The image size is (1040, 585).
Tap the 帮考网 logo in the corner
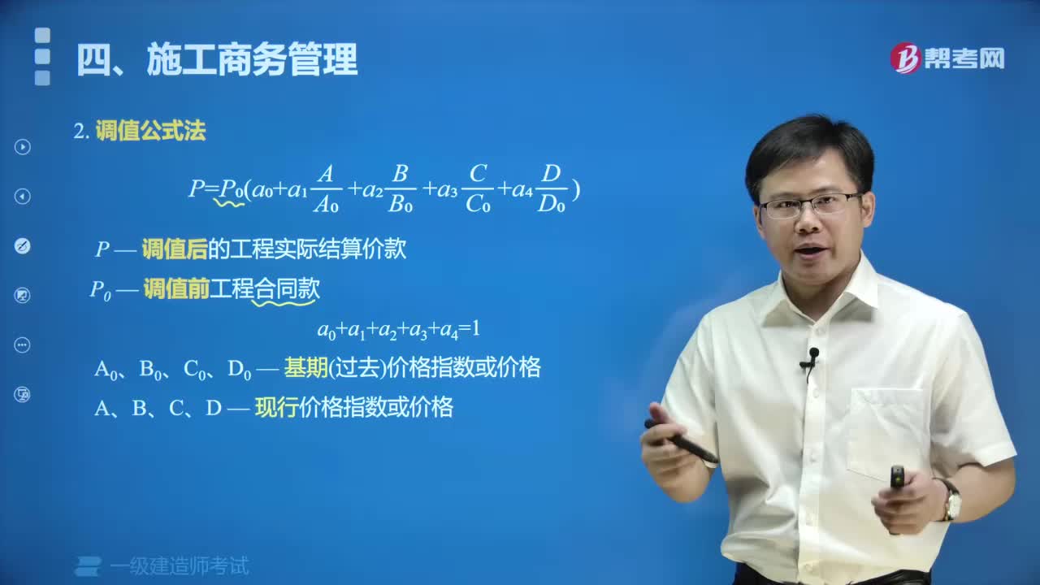(947, 58)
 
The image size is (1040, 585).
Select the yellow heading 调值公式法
(150, 132)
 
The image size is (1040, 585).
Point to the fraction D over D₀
(551, 188)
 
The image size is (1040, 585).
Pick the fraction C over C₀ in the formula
(478, 188)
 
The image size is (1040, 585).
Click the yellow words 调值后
(175, 249)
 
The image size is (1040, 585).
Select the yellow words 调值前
(176, 288)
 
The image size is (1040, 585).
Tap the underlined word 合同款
(287, 288)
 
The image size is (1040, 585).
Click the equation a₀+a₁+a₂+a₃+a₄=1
(398, 330)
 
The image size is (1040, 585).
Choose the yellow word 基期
(305, 368)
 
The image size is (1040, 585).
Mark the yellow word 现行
(276, 407)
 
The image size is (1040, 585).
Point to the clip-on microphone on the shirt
(811, 357)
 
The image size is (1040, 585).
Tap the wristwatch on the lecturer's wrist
(949, 499)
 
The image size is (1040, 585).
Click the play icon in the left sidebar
(23, 147)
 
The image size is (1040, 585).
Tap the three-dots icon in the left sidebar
(23, 344)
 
